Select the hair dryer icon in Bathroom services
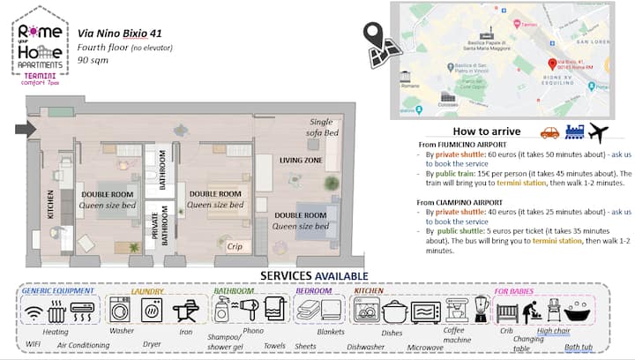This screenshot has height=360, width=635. point(250,309)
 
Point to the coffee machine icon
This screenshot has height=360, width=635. point(456,310)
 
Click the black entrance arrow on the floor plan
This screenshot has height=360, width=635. point(26,129)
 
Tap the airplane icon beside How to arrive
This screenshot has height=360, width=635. point(597,132)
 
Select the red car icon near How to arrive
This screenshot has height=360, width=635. point(549,133)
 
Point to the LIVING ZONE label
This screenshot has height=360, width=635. point(300,161)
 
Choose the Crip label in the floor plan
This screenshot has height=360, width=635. point(235,248)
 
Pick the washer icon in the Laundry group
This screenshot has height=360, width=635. point(119,310)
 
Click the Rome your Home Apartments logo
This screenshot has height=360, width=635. point(41,41)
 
